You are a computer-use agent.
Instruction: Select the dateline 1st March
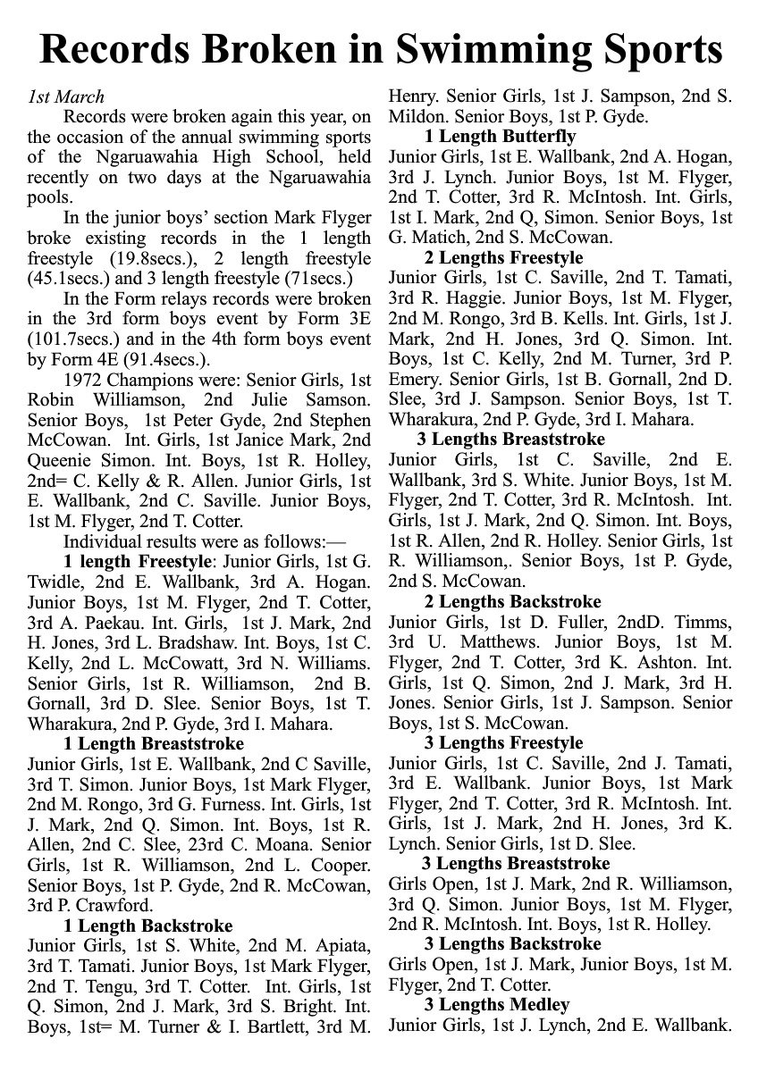coord(66,97)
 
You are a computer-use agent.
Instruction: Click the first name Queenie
coord(60,461)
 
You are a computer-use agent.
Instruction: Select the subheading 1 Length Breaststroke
coord(154,743)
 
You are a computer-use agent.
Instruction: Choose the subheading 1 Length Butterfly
coord(501,137)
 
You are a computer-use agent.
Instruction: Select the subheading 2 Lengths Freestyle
coord(503,258)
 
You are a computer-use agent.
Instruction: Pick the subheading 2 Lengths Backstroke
coord(513,602)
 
